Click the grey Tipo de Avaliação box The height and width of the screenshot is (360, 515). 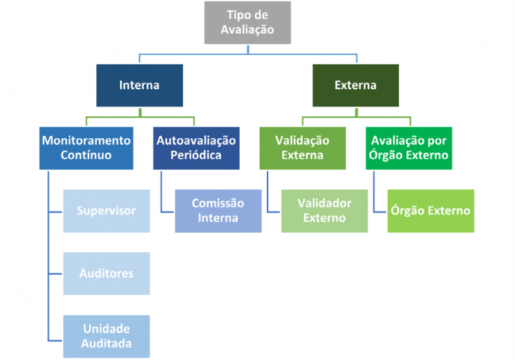pyautogui.click(x=247, y=23)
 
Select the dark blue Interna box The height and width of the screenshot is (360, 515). pyautogui.click(x=139, y=85)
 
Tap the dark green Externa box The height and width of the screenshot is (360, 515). pyautogui.click(x=355, y=85)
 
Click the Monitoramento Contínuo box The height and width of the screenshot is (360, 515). pyautogui.click(x=86, y=147)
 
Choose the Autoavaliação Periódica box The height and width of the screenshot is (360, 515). pyautogui.click(x=196, y=147)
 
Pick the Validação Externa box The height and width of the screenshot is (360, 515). pyautogui.click(x=302, y=147)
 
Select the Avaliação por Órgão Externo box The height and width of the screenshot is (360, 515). pyautogui.click(x=409, y=147)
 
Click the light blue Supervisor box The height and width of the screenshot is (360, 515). pyautogui.click(x=106, y=211)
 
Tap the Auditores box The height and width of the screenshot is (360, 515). pyautogui.click(x=106, y=273)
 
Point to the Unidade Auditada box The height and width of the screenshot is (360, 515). pyautogui.click(x=106, y=336)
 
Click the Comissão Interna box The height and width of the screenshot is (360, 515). pyautogui.click(x=218, y=211)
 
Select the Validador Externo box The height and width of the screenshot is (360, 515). pyautogui.click(x=324, y=211)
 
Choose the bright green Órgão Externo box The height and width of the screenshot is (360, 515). pyautogui.click(x=431, y=211)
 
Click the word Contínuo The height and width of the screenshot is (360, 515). pyautogui.click(x=86, y=155)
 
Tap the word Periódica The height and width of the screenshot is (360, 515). pyautogui.click(x=196, y=155)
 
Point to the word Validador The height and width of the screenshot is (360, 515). pyautogui.click(x=324, y=203)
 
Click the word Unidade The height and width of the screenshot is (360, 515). pyautogui.click(x=106, y=328)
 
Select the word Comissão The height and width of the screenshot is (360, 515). pyautogui.click(x=218, y=203)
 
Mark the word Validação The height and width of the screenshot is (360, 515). pyautogui.click(x=302, y=140)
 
